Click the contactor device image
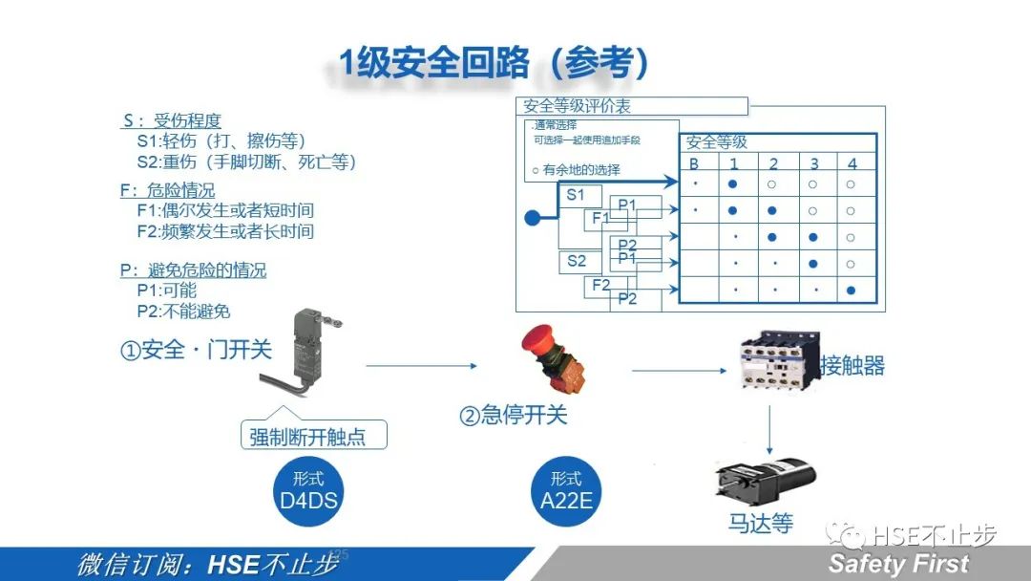(x=774, y=362)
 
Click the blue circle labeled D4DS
(x=308, y=489)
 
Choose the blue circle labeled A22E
(x=566, y=489)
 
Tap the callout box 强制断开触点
(x=314, y=437)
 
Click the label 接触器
(x=852, y=365)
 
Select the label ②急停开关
(x=514, y=416)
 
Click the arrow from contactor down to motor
(x=769, y=430)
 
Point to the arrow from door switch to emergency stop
(x=420, y=365)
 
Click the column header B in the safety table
(x=694, y=163)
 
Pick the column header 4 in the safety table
(x=852, y=163)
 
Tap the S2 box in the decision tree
(x=577, y=261)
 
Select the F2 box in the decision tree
(x=601, y=286)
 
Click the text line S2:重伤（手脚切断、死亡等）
(x=246, y=161)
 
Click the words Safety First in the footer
(x=898, y=564)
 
